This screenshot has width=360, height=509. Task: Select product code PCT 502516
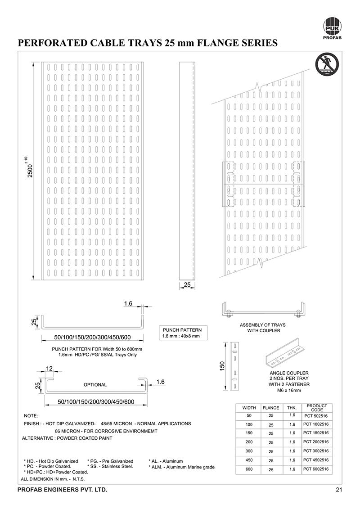click(316, 416)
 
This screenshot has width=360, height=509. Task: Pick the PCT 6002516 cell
click(316, 469)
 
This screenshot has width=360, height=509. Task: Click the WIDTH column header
click(249, 408)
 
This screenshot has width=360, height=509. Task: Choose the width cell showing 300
click(249, 451)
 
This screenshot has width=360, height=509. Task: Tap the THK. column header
click(292, 408)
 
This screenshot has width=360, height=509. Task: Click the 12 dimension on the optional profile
click(49, 369)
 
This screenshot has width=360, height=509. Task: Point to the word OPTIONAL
click(95, 385)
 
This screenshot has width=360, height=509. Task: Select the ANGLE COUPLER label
click(288, 373)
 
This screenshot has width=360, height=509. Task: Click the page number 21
click(339, 490)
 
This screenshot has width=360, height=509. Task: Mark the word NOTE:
click(31, 415)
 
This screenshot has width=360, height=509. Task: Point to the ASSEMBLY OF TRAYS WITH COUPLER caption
click(263, 328)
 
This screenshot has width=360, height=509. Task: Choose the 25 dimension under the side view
click(188, 284)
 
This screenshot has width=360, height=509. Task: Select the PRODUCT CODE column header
click(316, 407)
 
